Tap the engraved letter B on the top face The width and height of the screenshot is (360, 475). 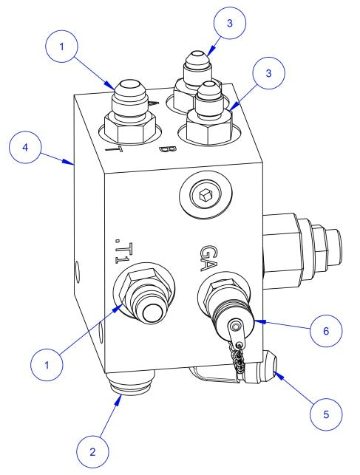coord(168,153)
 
